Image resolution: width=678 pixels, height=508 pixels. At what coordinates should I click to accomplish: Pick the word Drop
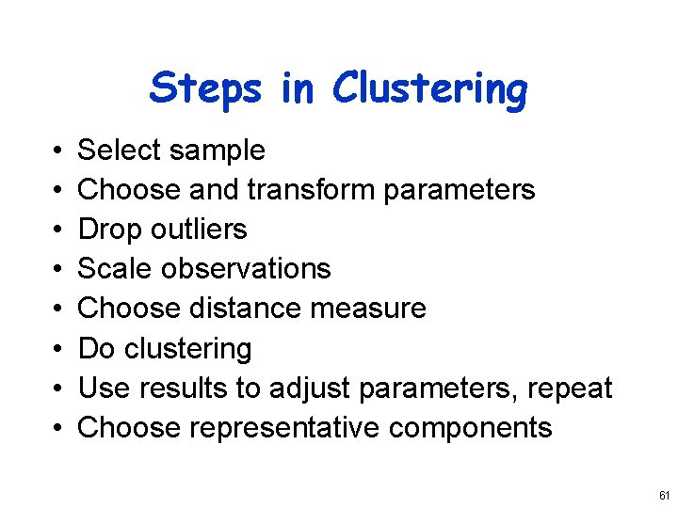103,230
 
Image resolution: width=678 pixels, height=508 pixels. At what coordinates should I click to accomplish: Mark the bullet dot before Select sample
58,151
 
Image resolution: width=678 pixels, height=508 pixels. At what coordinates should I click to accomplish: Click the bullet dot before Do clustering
58,350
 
